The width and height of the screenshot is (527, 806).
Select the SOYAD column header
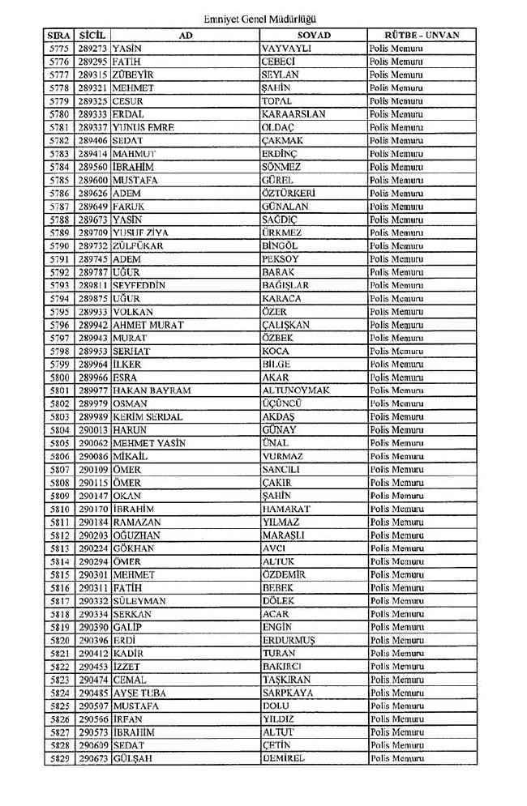(x=314, y=36)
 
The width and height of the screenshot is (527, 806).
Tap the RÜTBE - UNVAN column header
(x=423, y=36)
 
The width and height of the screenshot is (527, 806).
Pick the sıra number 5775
(x=58, y=49)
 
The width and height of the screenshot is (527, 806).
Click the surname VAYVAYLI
(x=288, y=49)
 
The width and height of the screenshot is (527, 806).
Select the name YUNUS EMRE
(x=144, y=127)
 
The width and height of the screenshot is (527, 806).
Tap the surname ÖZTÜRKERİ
(x=289, y=194)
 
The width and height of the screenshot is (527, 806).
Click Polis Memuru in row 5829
(x=397, y=759)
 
